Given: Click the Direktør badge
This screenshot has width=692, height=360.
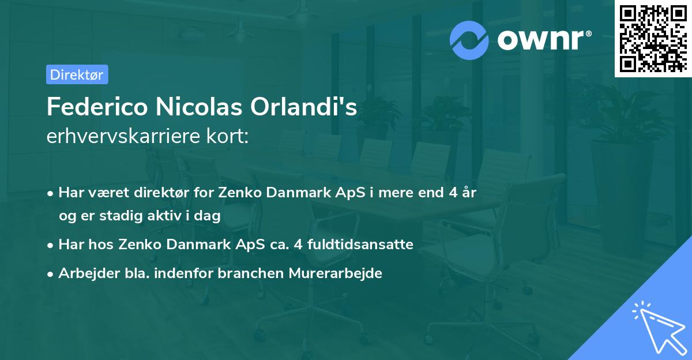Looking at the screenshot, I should [x=77, y=74].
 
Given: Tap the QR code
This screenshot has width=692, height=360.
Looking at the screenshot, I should [x=653, y=39].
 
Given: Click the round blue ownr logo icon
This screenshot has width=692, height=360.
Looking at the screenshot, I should [x=469, y=40].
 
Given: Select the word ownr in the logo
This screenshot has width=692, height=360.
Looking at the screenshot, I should [x=543, y=39].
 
